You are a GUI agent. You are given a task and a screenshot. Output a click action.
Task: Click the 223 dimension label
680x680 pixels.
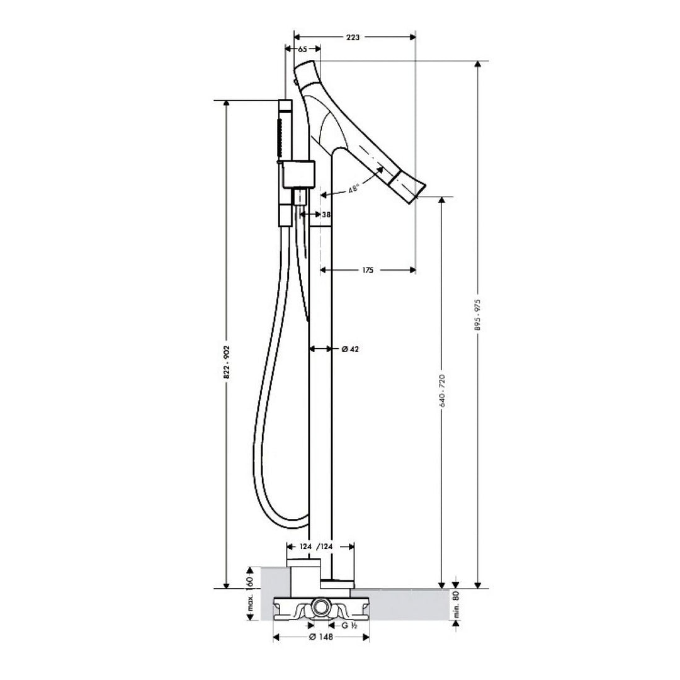click(x=353, y=37)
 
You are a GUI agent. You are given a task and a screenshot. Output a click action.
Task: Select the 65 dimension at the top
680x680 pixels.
click(x=303, y=49)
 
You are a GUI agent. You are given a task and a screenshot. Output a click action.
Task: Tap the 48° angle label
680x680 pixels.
click(x=354, y=188)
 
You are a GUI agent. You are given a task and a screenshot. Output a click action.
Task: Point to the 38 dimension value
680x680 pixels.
click(x=327, y=214)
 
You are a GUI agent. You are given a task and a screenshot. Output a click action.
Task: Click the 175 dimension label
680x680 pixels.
click(x=367, y=270)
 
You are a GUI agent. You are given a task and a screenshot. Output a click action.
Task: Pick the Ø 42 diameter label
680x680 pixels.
click(x=351, y=349)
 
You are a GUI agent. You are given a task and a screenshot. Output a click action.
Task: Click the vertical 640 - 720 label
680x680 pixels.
click(x=442, y=390)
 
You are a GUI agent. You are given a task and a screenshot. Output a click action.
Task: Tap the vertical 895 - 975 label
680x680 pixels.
click(x=478, y=315)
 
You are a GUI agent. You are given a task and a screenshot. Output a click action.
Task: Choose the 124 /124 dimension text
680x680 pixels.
click(x=317, y=547)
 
